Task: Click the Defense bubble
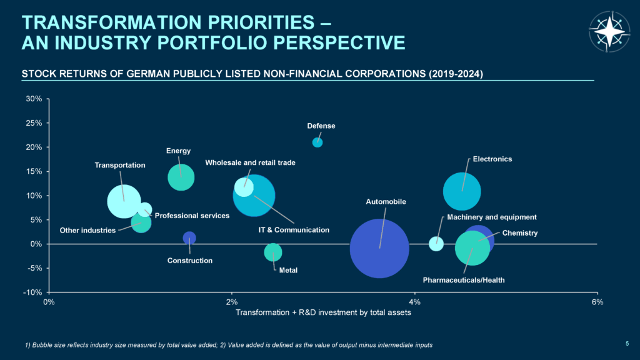tap(317, 142)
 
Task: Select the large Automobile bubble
tap(379, 248)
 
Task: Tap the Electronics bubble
tap(462, 191)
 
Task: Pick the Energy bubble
tap(181, 177)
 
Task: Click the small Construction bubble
tap(189, 237)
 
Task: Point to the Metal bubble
tap(273, 252)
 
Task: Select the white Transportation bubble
tap(124, 201)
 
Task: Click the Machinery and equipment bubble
tap(436, 244)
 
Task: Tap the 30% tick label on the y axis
tap(34, 99)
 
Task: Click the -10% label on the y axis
tap(32, 292)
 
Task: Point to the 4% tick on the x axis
tap(414, 302)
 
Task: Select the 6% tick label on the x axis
tap(597, 302)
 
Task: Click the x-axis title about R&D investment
tap(323, 312)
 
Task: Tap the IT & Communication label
tap(294, 230)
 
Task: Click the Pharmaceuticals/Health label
tap(463, 280)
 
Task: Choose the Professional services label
tap(192, 216)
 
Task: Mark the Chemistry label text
tap(520, 233)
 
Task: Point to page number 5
tap(627, 342)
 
